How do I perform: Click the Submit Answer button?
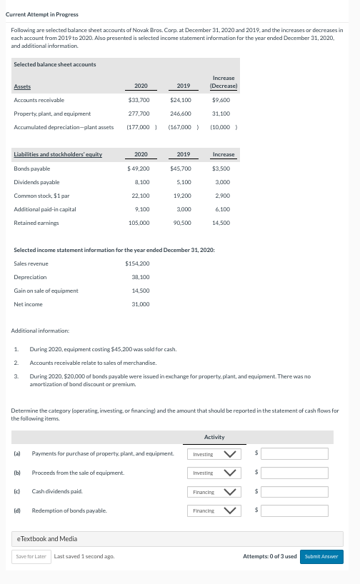point(321,556)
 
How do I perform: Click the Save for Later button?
point(31,556)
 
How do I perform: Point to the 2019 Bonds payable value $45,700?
point(181,168)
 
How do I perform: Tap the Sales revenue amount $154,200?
point(137,263)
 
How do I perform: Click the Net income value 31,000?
point(141,304)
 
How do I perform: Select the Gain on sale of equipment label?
point(46,291)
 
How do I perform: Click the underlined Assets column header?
point(22,86)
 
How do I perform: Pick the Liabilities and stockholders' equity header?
point(58,155)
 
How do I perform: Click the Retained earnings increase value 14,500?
point(221,223)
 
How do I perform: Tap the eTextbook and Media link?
point(46,538)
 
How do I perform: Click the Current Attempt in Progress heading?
point(42,14)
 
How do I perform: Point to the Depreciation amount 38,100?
point(141,277)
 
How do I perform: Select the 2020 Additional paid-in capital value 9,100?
point(141,209)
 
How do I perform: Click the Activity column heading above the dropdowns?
point(214,437)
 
